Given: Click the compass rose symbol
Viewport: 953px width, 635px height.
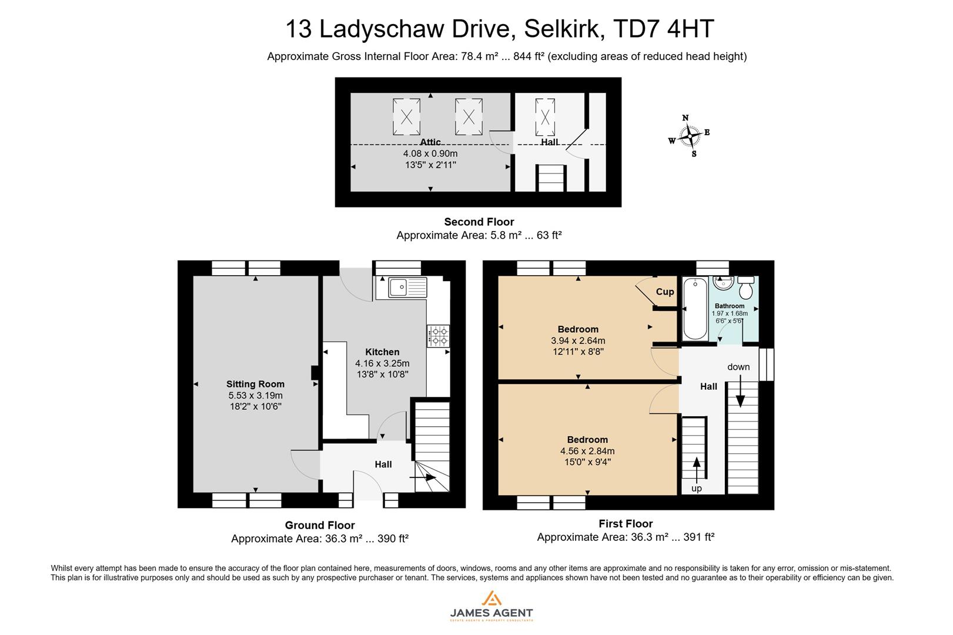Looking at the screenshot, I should [689, 136].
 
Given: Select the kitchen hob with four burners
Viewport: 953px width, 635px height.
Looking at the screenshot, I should [439, 336].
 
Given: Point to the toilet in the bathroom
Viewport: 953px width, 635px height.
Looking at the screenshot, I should [747, 288].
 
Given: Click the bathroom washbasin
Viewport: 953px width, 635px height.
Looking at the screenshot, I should [721, 283].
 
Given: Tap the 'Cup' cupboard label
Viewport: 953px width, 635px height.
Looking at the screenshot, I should [665, 292].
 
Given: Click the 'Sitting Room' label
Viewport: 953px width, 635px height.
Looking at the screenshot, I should [255, 385].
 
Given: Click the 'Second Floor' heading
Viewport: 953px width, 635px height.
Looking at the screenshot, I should [479, 222].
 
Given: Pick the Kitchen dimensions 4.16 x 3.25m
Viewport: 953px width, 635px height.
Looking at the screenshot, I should [382, 363].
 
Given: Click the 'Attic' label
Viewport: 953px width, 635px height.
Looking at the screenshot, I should [430, 142].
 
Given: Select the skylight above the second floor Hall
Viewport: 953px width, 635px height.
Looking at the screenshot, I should [545, 117].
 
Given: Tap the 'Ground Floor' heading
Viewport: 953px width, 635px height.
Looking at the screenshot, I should [320, 525].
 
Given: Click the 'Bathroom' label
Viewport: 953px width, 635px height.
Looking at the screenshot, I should [729, 306].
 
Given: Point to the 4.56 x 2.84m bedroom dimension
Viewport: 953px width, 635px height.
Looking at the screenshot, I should [587, 451].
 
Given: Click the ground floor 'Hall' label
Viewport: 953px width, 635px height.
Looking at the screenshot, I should [383, 464].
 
